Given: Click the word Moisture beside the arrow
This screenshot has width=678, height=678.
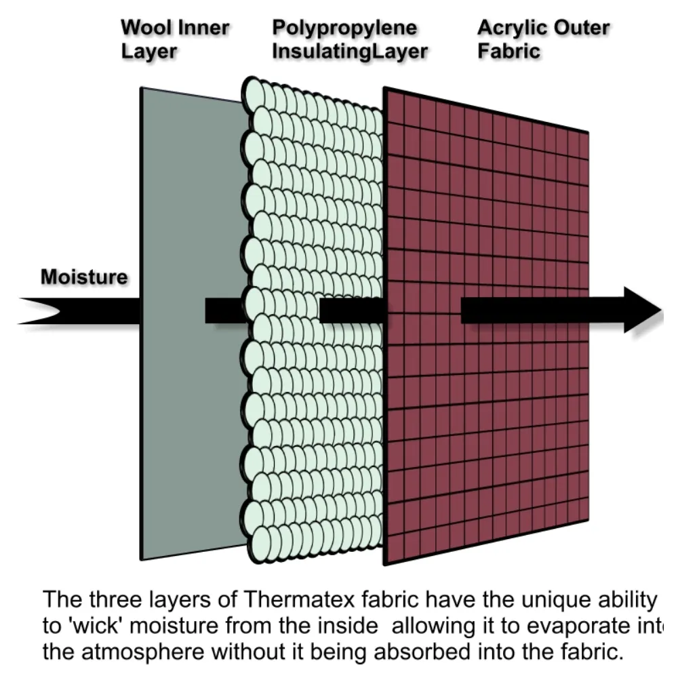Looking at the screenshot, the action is coord(84,277).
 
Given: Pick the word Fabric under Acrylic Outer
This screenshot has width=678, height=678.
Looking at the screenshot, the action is coord(509,51).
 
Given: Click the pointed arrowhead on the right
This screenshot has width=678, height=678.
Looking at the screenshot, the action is coord(643,310).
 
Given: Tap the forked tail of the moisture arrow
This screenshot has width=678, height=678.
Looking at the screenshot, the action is coord(39,311).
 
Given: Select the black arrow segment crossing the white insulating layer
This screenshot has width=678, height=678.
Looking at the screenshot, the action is coord(351,311).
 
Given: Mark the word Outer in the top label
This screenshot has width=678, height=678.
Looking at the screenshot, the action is coord(582,28).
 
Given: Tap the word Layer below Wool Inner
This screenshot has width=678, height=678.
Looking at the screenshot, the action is coord(148,52).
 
